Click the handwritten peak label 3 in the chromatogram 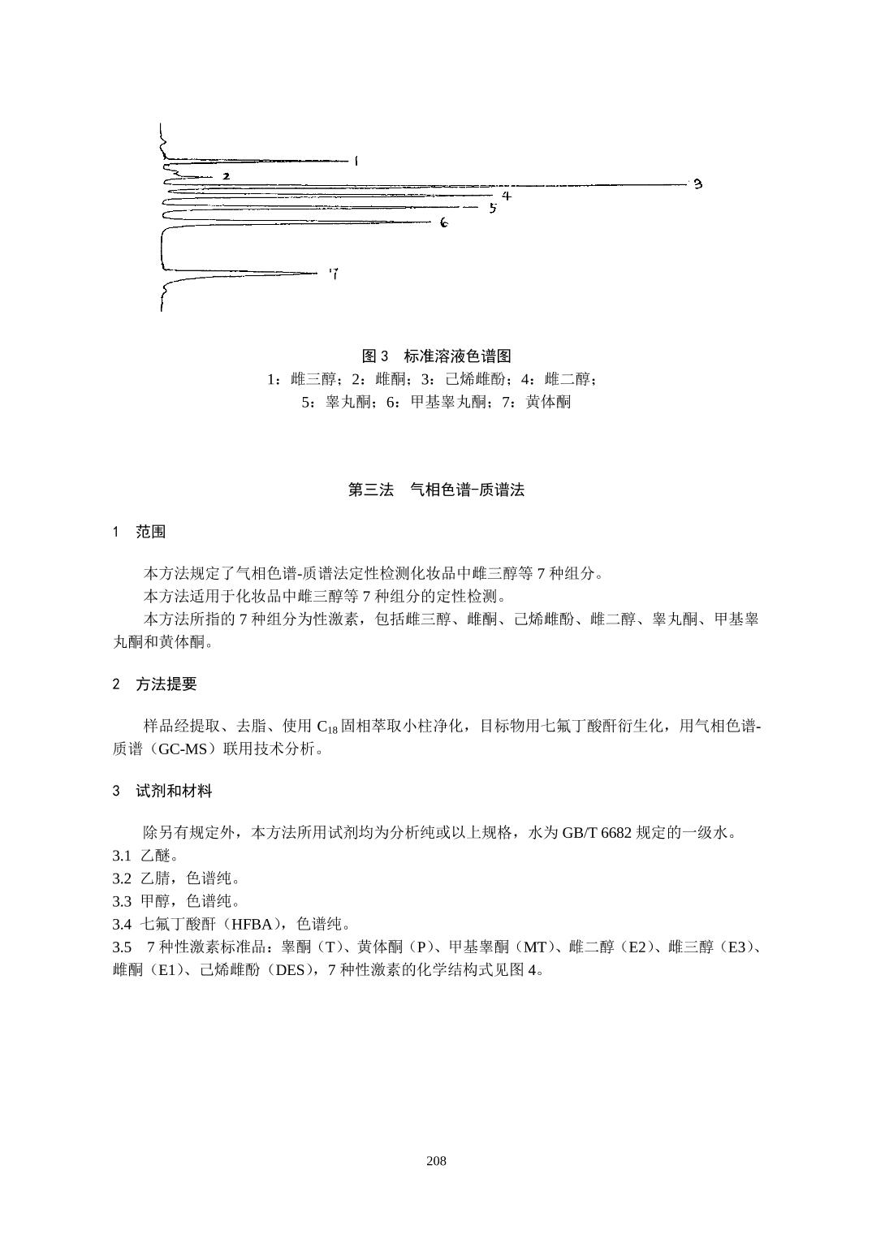coord(697,184)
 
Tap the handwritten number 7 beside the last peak coord(334,274)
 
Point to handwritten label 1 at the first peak coord(356,162)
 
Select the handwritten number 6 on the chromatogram coord(444,222)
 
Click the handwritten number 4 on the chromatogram coord(506,196)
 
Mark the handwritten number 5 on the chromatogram coord(492,208)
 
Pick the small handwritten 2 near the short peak coord(226,175)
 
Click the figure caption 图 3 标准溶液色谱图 coord(436,356)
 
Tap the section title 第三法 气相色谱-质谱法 coord(436,490)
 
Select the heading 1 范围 coord(139,532)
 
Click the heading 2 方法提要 coord(154,684)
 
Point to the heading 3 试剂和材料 coord(162,790)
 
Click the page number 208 coord(436,1161)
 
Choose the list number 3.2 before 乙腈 coord(122,878)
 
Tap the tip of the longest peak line coord(686,184)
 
